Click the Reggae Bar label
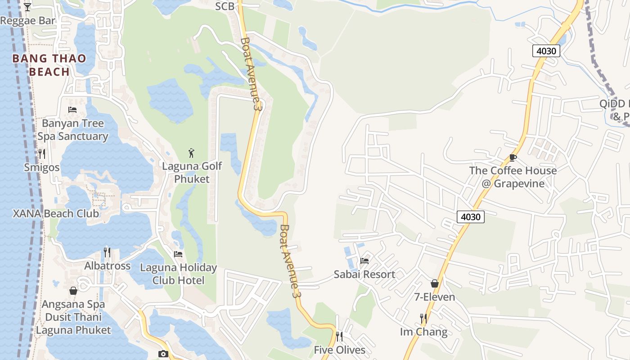pyautogui.click(x=27, y=21)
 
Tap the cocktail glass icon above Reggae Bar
pyautogui.click(x=27, y=7)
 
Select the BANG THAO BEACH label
pyautogui.click(x=49, y=65)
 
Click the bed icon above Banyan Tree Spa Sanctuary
pyautogui.click(x=72, y=109)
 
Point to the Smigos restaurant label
pyautogui.click(x=42, y=167)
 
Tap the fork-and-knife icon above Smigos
pyautogui.click(x=42, y=154)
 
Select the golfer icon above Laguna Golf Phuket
pyautogui.click(x=192, y=153)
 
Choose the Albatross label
pyautogui.click(x=107, y=266)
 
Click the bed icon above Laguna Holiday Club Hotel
pyautogui.click(x=178, y=254)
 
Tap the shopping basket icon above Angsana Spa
pyautogui.click(x=73, y=291)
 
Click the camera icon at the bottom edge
pyautogui.click(x=163, y=354)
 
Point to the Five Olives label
pyautogui.click(x=339, y=350)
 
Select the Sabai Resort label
pyautogui.click(x=364, y=274)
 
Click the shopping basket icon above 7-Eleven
pyautogui.click(x=435, y=283)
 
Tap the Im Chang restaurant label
pyautogui.click(x=423, y=332)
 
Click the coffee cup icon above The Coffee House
pyautogui.click(x=513, y=157)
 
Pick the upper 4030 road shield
pyautogui.click(x=546, y=51)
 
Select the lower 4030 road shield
pyautogui.click(x=471, y=217)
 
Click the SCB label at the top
pyautogui.click(x=225, y=6)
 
